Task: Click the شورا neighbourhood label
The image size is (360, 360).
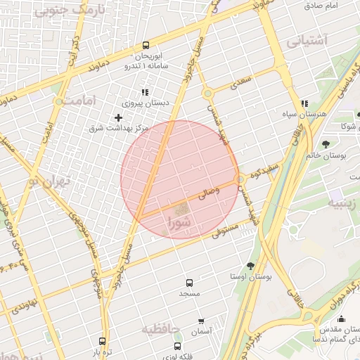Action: (181, 224)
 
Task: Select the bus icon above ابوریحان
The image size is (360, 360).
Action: (146, 44)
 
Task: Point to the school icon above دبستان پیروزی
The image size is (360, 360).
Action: (145, 92)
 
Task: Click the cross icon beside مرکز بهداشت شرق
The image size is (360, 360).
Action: (118, 117)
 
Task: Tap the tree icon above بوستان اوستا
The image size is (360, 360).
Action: (251, 265)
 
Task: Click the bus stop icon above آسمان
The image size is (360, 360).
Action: (202, 320)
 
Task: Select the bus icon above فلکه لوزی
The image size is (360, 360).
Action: (176, 346)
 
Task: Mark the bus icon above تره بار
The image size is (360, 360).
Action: (103, 341)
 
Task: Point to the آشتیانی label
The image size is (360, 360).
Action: (308, 41)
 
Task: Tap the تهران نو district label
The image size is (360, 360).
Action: (50, 181)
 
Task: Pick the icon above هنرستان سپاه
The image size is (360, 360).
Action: (304, 103)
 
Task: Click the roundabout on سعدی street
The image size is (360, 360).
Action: (207, 94)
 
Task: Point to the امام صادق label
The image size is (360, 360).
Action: (342, 6)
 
